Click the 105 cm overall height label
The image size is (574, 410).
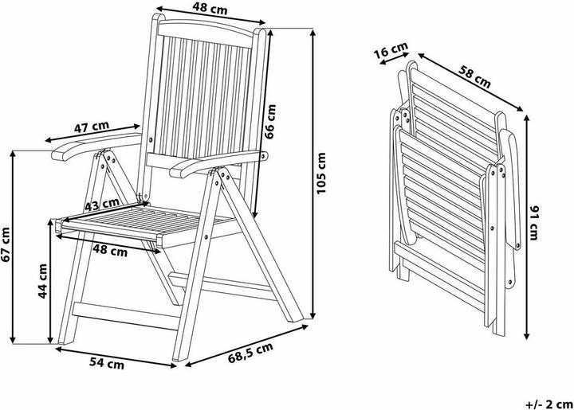tap(320, 174)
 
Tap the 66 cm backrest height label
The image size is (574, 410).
tap(270, 122)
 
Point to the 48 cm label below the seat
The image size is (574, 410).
tap(110, 251)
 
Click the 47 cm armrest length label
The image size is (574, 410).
tap(92, 127)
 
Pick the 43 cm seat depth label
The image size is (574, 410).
tap(102, 205)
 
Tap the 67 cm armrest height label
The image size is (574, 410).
tap(6, 245)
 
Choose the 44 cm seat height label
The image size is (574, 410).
tap(43, 281)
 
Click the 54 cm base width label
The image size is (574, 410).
tap(107, 363)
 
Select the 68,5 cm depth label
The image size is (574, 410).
tap(250, 353)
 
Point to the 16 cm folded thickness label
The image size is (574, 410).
tap(391, 49)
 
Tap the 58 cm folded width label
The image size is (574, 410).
tap(474, 77)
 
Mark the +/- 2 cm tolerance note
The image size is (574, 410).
tap(549, 404)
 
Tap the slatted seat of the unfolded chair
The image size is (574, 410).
tap(147, 223)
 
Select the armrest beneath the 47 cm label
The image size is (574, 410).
tap(96, 146)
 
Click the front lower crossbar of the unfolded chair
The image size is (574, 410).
tap(126, 316)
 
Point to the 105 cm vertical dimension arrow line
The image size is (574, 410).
tap(313, 174)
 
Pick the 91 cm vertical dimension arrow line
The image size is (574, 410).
tap(527, 227)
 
